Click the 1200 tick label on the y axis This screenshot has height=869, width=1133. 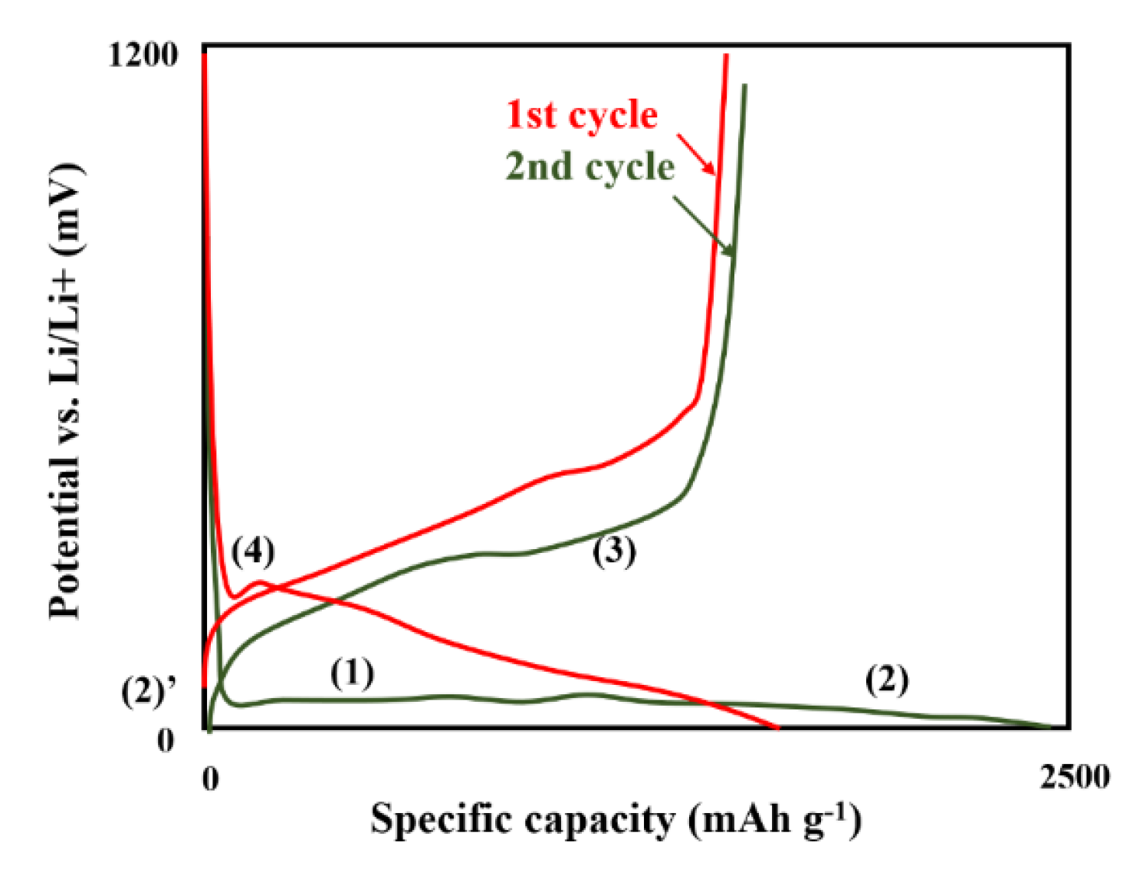[x=143, y=55]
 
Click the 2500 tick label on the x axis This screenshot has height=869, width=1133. [x=1074, y=777]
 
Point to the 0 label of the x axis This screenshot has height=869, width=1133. [x=210, y=778]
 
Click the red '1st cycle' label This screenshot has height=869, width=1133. [x=582, y=115]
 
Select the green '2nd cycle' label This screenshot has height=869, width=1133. [x=589, y=167]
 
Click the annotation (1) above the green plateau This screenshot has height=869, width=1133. [x=352, y=673]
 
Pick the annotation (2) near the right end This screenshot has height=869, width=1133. [x=887, y=680]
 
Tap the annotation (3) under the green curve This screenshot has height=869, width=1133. [x=614, y=551]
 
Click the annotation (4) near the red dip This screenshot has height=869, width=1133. [x=253, y=551]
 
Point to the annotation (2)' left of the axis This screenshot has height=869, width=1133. [x=148, y=692]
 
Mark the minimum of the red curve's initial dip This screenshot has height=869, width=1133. [x=234, y=596]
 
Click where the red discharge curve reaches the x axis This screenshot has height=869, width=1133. [x=777, y=727]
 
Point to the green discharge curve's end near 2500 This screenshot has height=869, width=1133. [x=1049, y=726]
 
